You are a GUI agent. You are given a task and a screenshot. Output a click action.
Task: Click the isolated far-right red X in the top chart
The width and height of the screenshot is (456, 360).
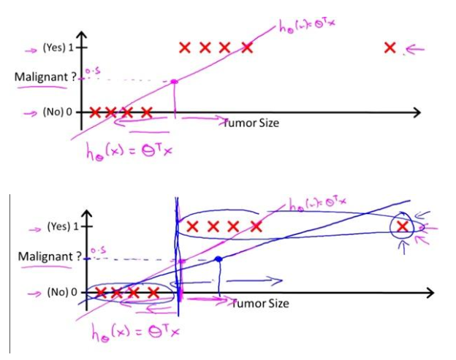coord(390,48)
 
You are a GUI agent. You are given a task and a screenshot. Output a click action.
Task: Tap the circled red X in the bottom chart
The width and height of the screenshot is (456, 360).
coord(401,226)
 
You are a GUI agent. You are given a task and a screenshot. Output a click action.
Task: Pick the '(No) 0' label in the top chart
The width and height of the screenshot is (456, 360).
coord(58,112)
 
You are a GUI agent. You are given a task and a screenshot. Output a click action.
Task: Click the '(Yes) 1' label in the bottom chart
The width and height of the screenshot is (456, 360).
coord(63,227)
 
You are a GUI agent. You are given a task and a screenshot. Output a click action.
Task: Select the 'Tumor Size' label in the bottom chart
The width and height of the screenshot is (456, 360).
coord(260,303)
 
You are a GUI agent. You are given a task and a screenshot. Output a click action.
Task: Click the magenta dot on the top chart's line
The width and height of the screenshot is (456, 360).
coord(174,81)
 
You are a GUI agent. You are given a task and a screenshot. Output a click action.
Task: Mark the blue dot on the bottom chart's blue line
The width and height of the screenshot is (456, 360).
coord(218,259)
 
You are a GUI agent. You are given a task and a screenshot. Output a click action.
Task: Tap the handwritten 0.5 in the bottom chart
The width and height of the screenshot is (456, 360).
coord(97,250)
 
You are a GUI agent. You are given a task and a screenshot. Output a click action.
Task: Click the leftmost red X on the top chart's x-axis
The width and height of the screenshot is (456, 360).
coord(94,112)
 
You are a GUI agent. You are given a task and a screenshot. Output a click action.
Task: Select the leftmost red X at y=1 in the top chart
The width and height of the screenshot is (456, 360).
coord(185,48)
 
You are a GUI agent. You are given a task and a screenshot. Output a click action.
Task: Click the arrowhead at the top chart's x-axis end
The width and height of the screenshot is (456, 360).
coord(417,112)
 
